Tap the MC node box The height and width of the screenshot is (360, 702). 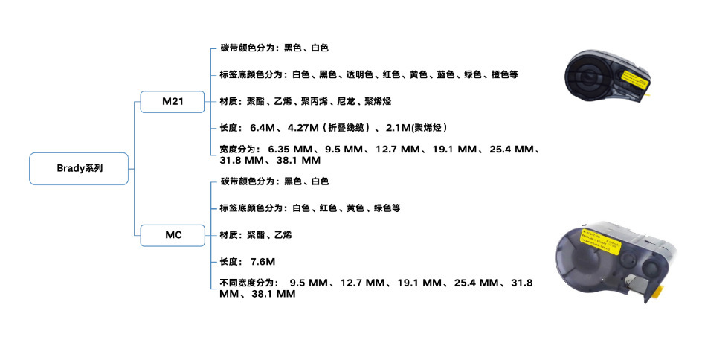click(173, 235)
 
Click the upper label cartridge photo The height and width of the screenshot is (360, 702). click(611, 77)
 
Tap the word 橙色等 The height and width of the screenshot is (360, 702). click(506, 74)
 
